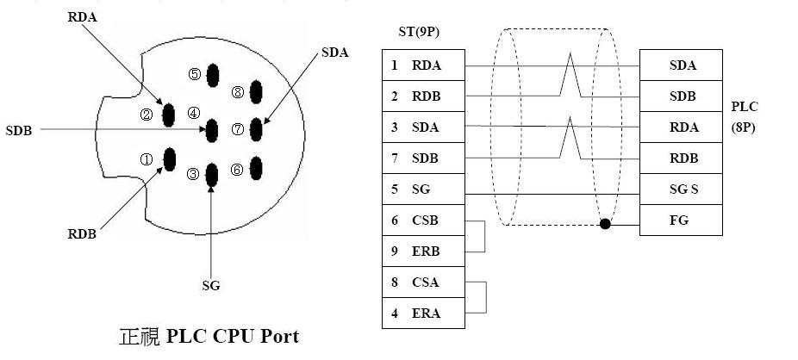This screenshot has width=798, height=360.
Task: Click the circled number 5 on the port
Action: pos(194,75)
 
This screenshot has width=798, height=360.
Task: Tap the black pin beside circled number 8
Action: pos(256,92)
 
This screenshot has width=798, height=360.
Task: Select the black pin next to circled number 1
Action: pos(170,158)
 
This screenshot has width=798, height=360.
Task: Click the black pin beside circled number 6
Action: pos(255,168)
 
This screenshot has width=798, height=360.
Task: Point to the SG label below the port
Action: pos(211,285)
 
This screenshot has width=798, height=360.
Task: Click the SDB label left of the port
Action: pos(19,130)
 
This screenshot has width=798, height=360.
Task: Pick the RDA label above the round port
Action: pos(82,16)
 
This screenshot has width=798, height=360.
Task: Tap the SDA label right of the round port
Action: pos(334,53)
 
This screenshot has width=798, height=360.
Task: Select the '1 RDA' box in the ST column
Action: pos(423,65)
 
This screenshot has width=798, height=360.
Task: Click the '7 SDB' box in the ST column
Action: pos(423,158)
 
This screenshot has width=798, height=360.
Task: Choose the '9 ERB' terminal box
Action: pos(423,251)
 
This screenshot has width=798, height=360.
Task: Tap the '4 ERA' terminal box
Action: pos(423,313)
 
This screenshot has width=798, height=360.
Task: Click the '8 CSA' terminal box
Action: pos(423,282)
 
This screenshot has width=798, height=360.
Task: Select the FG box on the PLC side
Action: pos(682,220)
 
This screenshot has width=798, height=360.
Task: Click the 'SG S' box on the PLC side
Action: pos(682,189)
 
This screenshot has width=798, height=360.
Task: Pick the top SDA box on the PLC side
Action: pos(682,65)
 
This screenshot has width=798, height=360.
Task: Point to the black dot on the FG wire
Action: pos(605,225)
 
